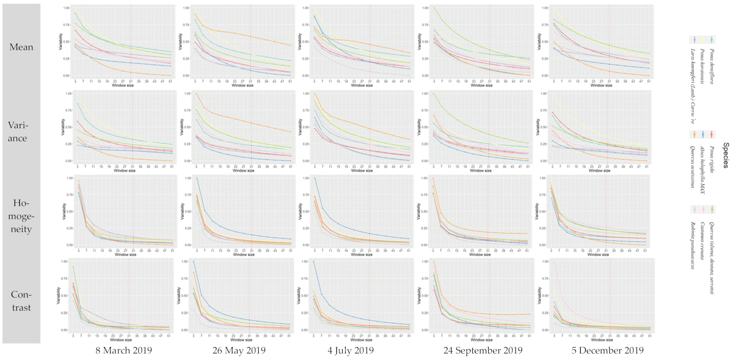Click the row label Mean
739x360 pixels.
pyautogui.click(x=21, y=47)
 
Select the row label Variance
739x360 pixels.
pyautogui.click(x=18, y=131)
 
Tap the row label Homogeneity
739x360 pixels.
pyautogui.click(x=21, y=216)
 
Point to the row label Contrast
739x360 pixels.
pyautogui.click(x=21, y=301)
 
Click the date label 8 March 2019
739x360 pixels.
pyautogui.click(x=124, y=351)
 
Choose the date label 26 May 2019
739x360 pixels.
pyautogui.click(x=239, y=351)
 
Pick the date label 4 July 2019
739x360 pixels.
pyautogui.click(x=350, y=351)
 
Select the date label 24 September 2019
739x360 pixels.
pyautogui.click(x=483, y=351)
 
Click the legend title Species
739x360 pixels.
pyautogui.click(x=726, y=155)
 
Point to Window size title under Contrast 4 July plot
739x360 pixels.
pyautogui.click(x=361, y=340)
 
